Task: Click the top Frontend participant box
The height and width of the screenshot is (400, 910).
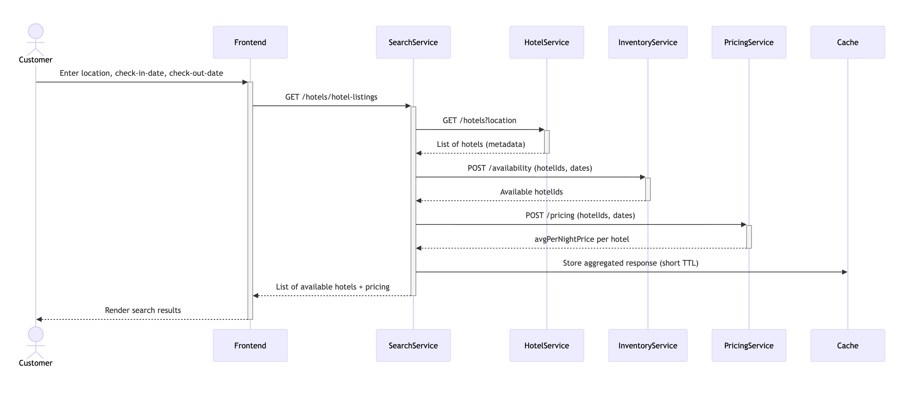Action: click(250, 42)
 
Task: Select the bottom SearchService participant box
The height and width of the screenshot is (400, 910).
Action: click(413, 345)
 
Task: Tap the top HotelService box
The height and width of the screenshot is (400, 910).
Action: click(546, 42)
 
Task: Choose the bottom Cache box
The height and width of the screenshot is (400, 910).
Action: click(847, 345)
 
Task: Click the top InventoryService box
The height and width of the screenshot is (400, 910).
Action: click(647, 42)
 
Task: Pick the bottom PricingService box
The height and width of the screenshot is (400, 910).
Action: click(748, 345)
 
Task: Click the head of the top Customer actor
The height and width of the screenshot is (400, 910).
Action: click(36, 31)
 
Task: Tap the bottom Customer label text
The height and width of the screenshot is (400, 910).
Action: click(35, 363)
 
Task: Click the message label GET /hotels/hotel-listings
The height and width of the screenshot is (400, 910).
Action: click(331, 97)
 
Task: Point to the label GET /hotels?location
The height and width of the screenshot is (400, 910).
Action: click(479, 121)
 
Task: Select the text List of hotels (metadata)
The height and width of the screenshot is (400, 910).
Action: click(481, 144)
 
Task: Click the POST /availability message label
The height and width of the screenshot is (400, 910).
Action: click(529, 168)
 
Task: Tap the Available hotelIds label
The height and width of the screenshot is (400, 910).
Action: click(531, 192)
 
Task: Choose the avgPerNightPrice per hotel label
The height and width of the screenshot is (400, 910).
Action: click(581, 239)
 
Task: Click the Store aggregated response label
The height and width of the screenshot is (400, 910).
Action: click(630, 263)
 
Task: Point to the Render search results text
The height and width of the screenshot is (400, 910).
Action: click(143, 310)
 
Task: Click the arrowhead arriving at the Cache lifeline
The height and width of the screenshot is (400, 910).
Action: click(844, 272)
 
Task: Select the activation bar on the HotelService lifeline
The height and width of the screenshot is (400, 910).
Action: click(547, 142)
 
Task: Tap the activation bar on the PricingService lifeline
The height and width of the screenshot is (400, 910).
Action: click(749, 236)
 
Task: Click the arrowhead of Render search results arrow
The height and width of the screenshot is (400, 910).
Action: click(39, 319)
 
